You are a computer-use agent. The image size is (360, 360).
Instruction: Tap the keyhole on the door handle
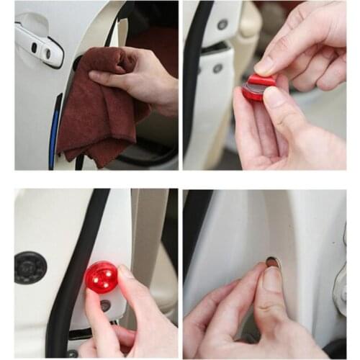point(48,53)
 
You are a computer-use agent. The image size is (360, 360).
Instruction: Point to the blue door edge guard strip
point(55,133)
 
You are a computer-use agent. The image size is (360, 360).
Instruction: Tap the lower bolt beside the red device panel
point(217,68)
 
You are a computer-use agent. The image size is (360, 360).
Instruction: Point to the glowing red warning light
point(102,276)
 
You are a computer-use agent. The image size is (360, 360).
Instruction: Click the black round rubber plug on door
point(30,267)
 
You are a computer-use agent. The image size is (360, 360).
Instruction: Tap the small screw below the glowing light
point(106,305)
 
